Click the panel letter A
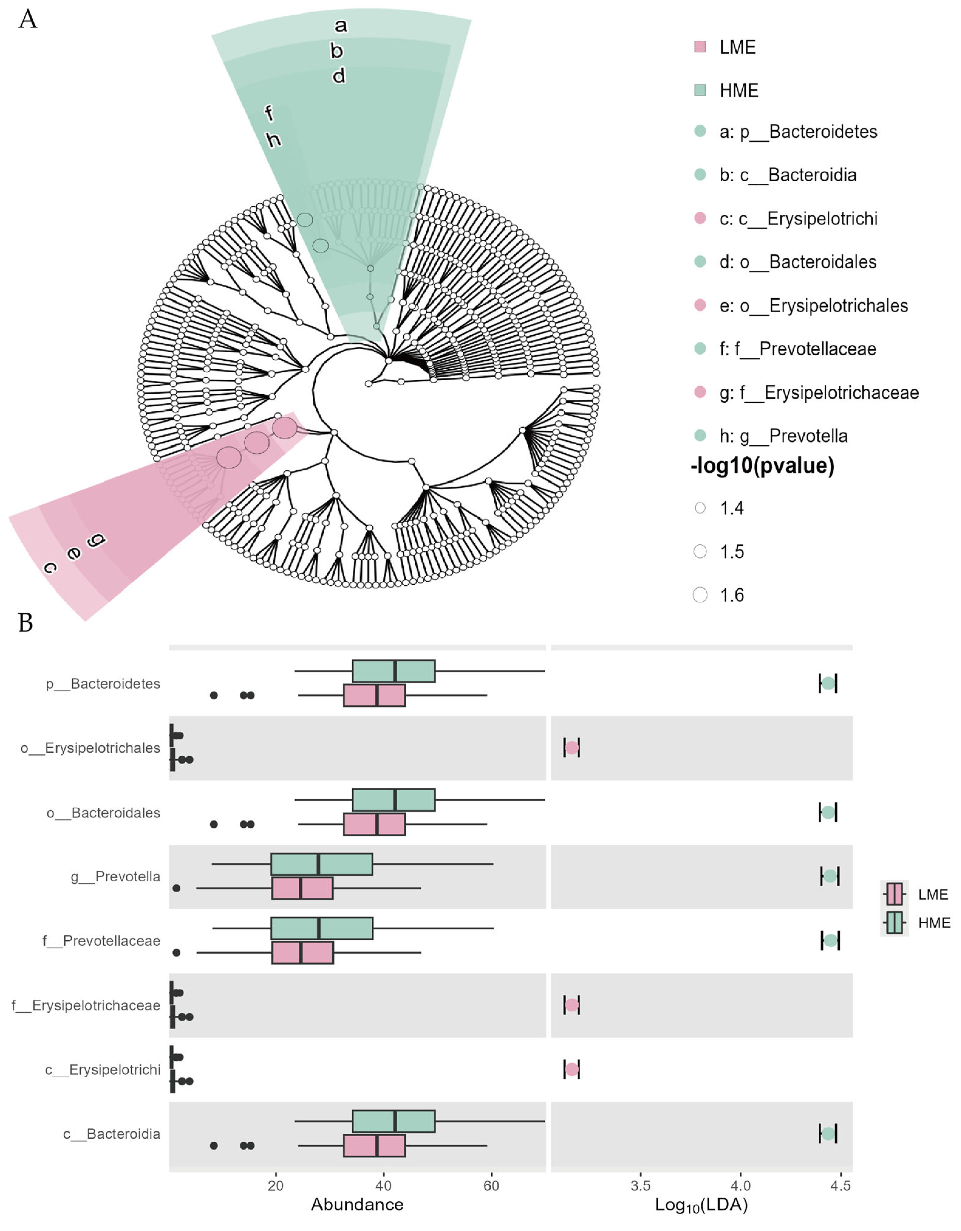click(x=28, y=20)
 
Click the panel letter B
click(x=26, y=623)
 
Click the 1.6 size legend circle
click(x=700, y=595)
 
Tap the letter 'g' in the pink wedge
click(x=96, y=540)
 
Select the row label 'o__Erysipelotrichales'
click(x=90, y=748)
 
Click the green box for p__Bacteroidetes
click(x=394, y=671)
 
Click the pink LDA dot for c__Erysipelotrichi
click(x=571, y=1069)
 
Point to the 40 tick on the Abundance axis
click(x=383, y=1185)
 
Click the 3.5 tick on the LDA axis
click(x=641, y=1185)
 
